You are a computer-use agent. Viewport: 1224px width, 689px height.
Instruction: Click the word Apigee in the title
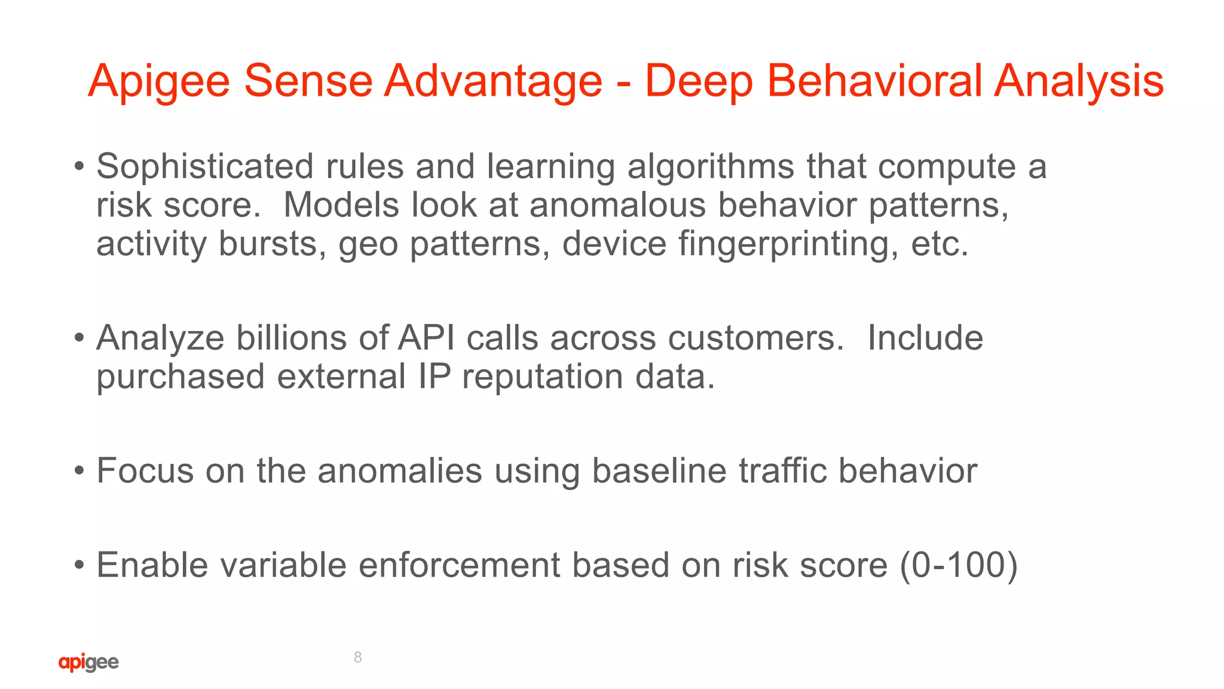[159, 81]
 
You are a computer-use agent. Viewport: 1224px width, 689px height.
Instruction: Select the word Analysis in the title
[1079, 81]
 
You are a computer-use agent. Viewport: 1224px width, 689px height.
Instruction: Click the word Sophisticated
[204, 166]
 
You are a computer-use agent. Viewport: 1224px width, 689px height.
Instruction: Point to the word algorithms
[711, 166]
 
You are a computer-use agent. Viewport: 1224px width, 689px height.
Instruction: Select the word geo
[368, 245]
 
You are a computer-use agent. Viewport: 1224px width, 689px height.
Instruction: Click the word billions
[291, 338]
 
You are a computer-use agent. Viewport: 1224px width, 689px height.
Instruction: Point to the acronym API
[426, 338]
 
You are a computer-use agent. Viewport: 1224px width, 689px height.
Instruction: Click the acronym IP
[434, 376]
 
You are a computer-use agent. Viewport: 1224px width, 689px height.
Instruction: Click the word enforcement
[459, 565]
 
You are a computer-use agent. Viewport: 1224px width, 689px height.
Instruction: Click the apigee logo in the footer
[88, 662]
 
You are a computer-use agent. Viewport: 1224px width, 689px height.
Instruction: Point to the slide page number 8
[357, 657]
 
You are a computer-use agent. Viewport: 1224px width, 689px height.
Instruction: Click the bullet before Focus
[79, 471]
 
